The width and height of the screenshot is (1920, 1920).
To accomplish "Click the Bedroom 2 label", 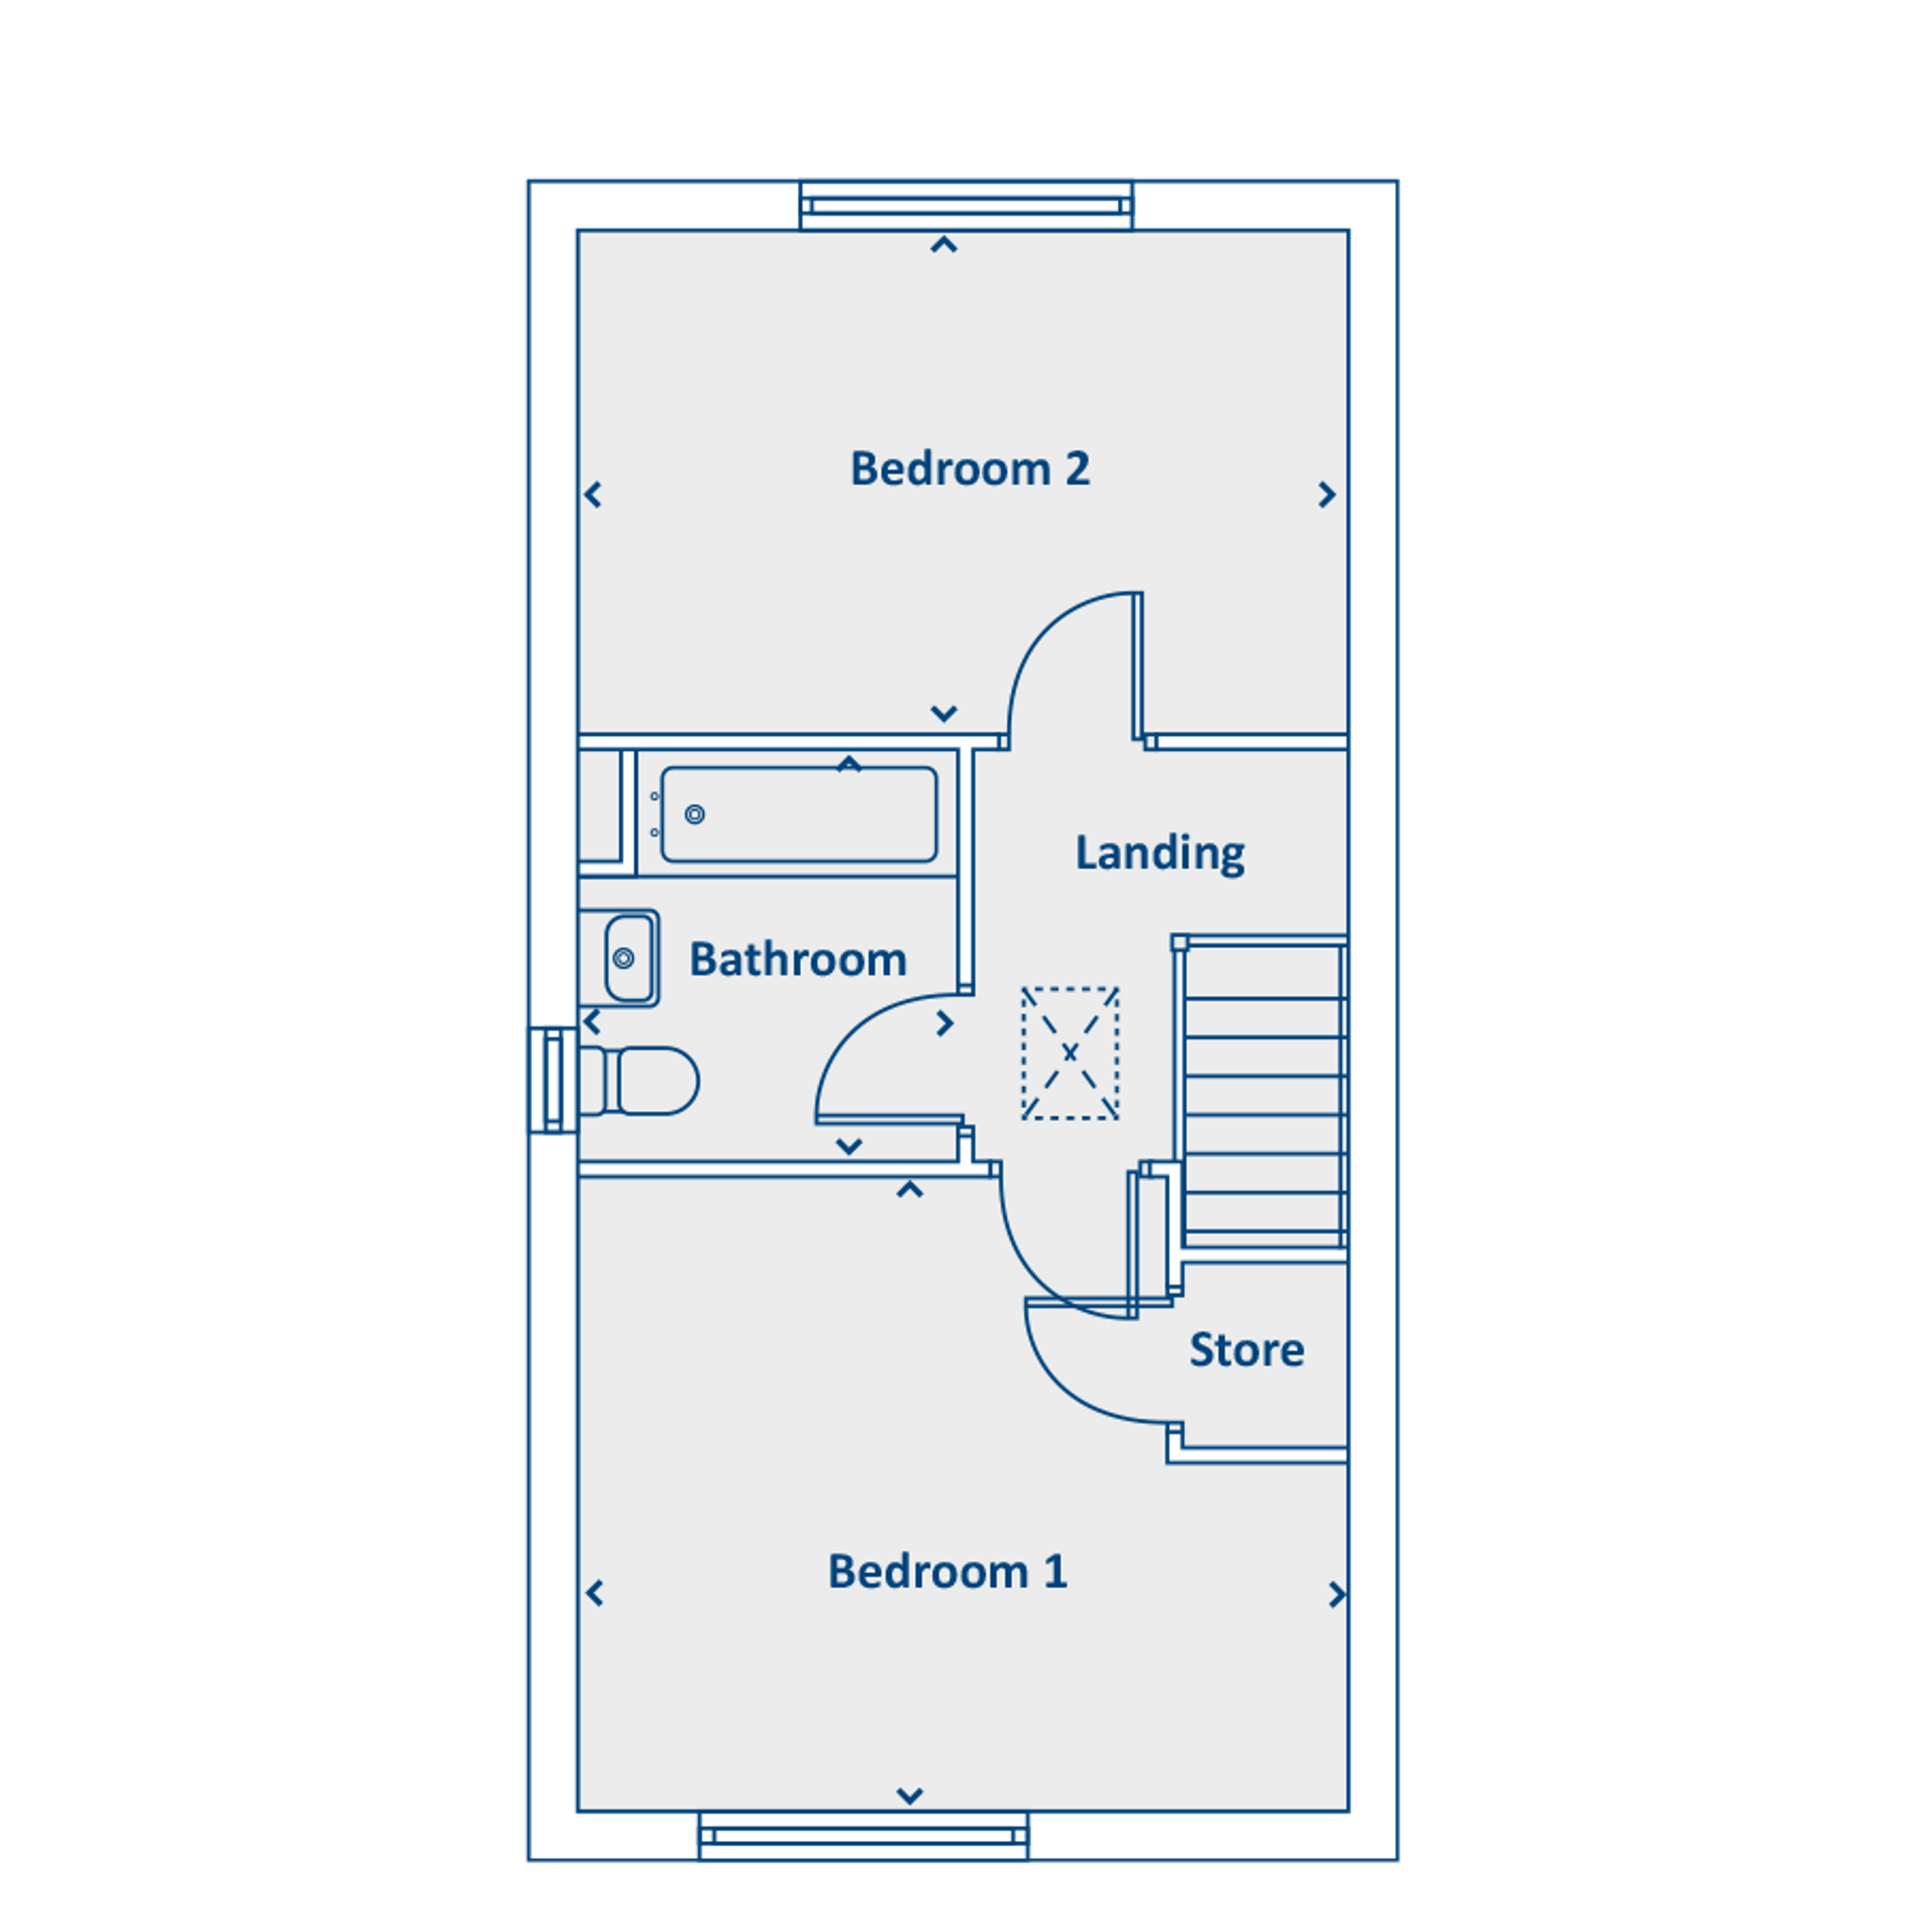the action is [970, 469].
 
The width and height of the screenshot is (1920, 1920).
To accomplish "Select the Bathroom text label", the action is [798, 959].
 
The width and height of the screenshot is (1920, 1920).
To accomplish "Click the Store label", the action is [1247, 1350].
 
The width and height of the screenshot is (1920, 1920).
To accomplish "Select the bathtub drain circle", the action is [695, 815].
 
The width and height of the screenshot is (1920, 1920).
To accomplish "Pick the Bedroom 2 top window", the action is [966, 206].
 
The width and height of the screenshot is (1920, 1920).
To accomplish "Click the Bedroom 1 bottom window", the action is [863, 1836].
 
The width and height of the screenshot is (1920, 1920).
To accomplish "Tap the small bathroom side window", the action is [553, 1079].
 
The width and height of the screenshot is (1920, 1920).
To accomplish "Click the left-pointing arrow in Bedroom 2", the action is [593, 494].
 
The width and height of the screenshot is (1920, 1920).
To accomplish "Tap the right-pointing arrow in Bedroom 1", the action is [1337, 1594].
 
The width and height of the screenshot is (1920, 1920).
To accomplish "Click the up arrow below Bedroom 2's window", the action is [943, 244].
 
